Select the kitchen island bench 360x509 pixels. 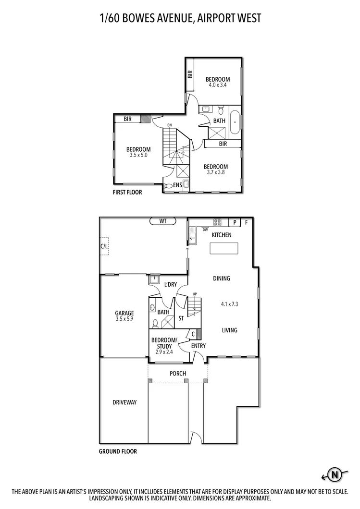tap(224, 248)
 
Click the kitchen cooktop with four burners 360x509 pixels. tap(217, 222)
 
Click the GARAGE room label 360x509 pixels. tap(124, 313)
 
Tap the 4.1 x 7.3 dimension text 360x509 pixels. tap(230, 304)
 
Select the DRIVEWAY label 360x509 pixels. tap(124, 402)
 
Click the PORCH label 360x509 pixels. tap(178, 374)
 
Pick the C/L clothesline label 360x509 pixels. tap(104, 246)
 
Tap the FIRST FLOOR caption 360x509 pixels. tap(127, 192)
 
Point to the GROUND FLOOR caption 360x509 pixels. tap(118, 451)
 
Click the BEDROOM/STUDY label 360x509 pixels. tap(164, 343)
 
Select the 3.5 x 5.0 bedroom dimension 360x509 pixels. tap(138, 155)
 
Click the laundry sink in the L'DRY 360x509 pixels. tap(154, 279)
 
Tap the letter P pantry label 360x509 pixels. tap(235, 222)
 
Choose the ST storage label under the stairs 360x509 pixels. tap(181, 318)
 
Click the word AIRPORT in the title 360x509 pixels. tap(214, 18)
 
